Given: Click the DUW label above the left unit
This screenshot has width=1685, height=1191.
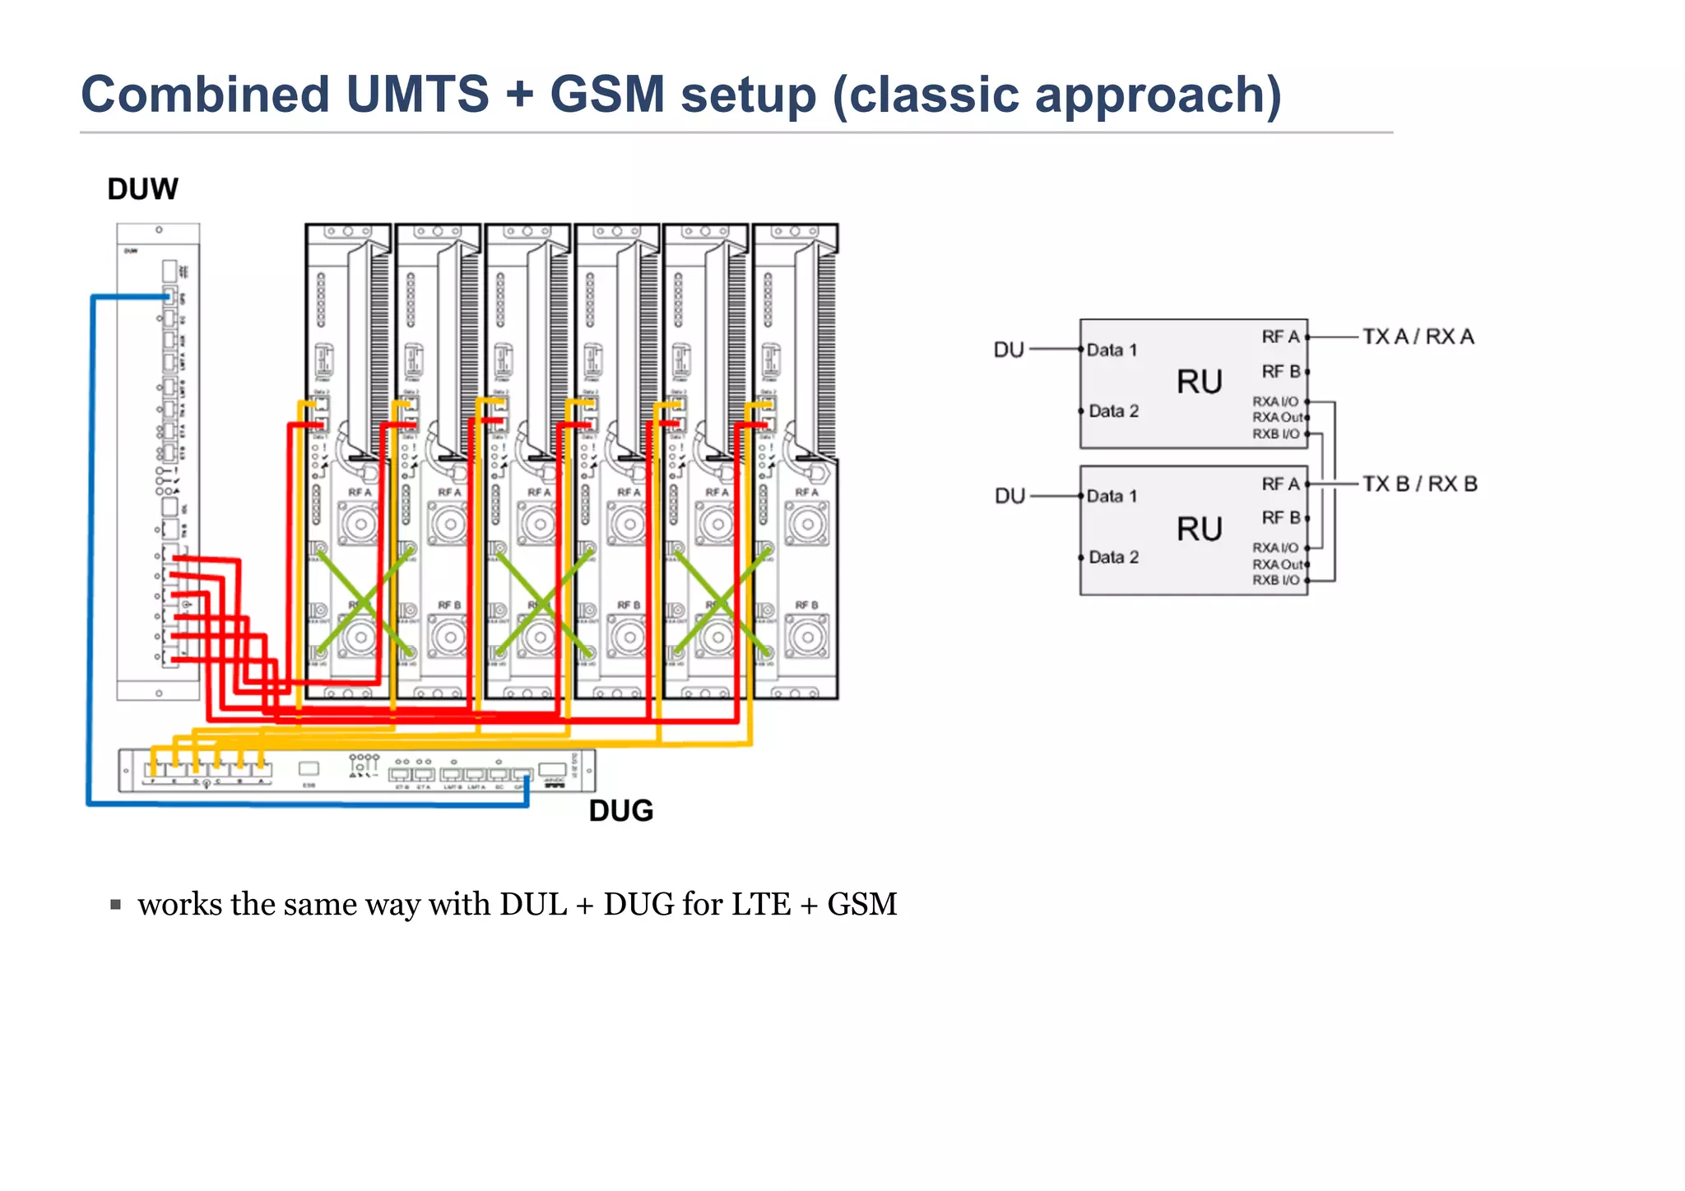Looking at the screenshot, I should (x=142, y=189).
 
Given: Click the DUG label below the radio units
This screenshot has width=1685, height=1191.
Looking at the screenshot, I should (x=621, y=811).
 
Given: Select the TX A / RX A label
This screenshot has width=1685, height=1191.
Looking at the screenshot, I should (x=1418, y=336).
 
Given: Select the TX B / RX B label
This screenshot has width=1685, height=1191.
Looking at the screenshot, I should (x=1419, y=484).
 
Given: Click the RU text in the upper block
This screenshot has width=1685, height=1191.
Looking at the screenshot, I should (x=1199, y=382).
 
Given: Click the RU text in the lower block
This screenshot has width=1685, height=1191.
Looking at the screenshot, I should (x=1199, y=529).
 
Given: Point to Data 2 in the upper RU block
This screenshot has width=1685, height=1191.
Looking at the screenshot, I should (x=1113, y=411).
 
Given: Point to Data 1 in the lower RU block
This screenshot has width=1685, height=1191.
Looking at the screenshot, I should (x=1112, y=496).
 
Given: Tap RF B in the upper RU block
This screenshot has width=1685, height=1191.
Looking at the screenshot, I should (x=1280, y=372).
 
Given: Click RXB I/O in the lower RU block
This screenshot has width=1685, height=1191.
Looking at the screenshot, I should (x=1275, y=581).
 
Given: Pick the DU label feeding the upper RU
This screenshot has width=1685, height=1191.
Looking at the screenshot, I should (x=1009, y=350).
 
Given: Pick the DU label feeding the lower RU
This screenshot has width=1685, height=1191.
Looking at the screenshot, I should (x=1010, y=496).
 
